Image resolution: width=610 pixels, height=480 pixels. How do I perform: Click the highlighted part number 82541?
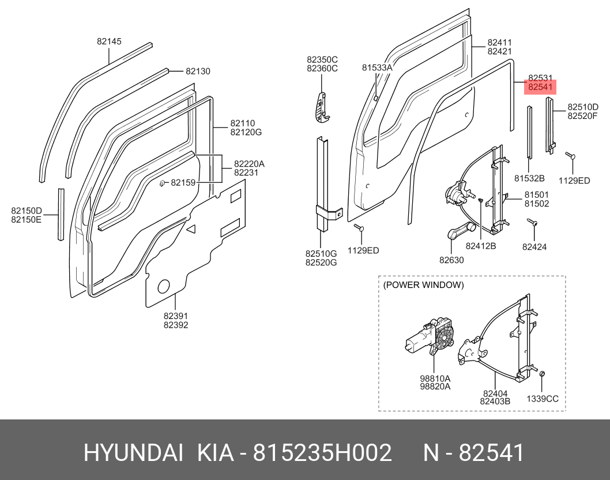[x=540, y=88]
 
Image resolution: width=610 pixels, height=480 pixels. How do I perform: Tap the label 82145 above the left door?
[x=109, y=42]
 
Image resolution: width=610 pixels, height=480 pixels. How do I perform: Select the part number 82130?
[x=198, y=72]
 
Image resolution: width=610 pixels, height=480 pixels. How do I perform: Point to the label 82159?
[x=184, y=183]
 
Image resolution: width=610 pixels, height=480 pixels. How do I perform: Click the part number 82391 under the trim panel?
[x=175, y=316]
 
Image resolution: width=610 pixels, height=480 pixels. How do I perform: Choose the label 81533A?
[x=377, y=67]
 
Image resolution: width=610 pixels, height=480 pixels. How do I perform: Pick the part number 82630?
[x=451, y=260]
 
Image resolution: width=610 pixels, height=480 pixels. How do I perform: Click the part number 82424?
[x=534, y=247]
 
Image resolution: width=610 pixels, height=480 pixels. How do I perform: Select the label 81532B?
[x=529, y=178]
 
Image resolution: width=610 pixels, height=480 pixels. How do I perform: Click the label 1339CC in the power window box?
[x=543, y=399]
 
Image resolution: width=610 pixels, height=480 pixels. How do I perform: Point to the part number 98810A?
[x=435, y=378]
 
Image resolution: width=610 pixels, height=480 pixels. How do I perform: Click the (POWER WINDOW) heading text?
[x=423, y=285]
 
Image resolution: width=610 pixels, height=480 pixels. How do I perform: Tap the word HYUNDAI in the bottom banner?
[x=133, y=453]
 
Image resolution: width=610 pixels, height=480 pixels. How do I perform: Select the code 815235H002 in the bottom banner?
[x=323, y=453]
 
